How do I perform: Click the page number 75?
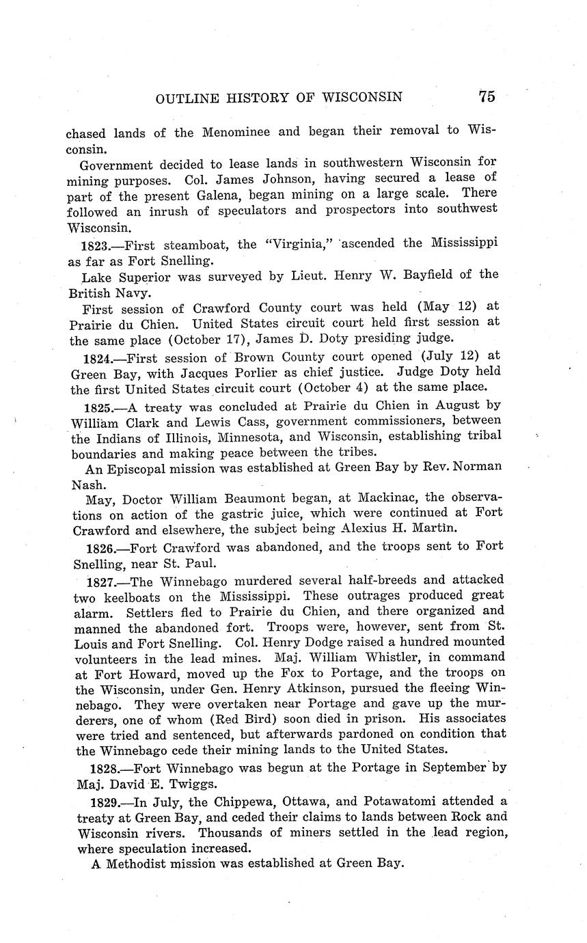[487, 96]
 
